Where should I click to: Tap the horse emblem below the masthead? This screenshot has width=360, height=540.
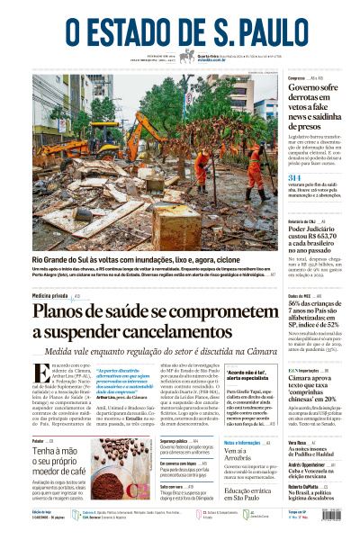[x=190, y=56]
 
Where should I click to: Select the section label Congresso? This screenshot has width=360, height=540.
[x=297, y=78]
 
